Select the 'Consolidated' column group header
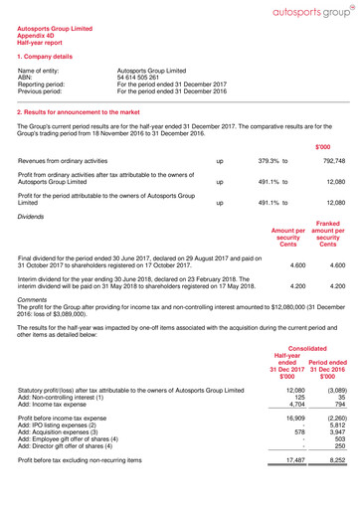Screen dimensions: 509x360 point(312,377)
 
